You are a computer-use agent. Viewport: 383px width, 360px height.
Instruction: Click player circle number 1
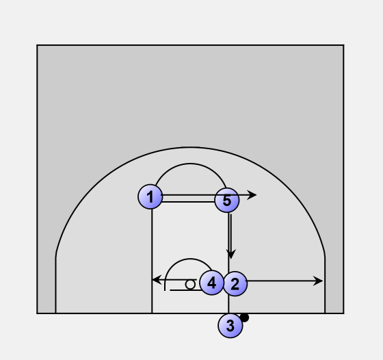(150, 196)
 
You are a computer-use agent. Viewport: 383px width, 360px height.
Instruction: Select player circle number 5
(226, 200)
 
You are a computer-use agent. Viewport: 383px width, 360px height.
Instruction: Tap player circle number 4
(211, 283)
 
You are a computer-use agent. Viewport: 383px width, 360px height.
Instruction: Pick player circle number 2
(235, 284)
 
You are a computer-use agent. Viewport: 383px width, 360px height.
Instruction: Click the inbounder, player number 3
(230, 326)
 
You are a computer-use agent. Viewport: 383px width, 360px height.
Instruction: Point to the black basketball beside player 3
(244, 318)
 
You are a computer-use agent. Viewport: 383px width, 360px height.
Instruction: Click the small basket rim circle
(190, 285)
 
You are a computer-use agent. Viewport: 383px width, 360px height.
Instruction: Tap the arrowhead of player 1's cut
(252, 195)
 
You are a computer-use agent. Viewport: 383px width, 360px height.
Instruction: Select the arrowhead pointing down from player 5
(231, 254)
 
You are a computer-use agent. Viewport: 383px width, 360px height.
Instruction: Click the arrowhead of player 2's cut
(318, 281)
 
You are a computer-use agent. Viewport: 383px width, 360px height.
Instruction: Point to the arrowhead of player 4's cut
(157, 280)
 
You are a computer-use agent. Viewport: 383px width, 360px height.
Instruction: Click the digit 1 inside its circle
(150, 196)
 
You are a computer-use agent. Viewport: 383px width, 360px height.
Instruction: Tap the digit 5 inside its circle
(227, 201)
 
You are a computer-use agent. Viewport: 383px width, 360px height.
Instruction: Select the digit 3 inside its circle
(230, 326)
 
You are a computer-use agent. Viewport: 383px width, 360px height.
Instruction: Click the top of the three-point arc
(190, 147)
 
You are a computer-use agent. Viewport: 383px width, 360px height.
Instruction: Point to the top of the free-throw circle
(190, 164)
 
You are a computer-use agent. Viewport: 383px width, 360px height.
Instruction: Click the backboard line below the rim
(185, 290)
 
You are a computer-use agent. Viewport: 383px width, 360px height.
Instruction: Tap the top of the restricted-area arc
(190, 259)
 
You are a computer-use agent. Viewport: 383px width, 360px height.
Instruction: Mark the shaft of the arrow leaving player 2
(280, 281)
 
